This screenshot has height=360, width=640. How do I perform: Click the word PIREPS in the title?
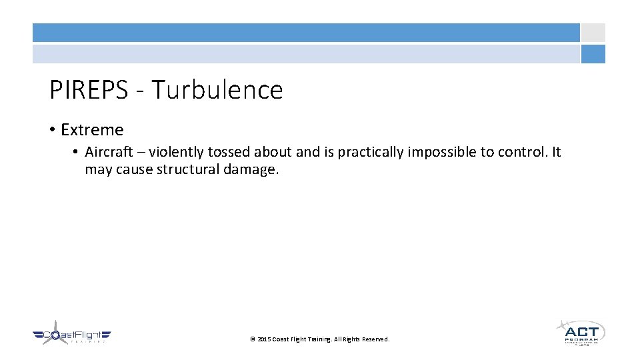87,90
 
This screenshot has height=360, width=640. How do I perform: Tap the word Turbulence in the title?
217,90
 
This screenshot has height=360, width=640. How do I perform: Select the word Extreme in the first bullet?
92,130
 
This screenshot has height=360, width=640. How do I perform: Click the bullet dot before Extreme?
53,130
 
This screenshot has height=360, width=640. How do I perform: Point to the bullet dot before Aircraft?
77,153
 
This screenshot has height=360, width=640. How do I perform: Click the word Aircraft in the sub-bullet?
108,153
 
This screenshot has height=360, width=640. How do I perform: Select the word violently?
177,153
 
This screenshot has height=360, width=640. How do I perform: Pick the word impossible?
442,153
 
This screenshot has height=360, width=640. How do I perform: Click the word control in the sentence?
521,153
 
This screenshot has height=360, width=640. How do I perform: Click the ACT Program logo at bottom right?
580,332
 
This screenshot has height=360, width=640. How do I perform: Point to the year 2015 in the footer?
264,339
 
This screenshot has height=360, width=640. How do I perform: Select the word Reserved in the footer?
375,339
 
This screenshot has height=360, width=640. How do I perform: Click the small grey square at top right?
593,33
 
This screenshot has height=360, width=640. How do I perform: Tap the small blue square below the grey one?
593,54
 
